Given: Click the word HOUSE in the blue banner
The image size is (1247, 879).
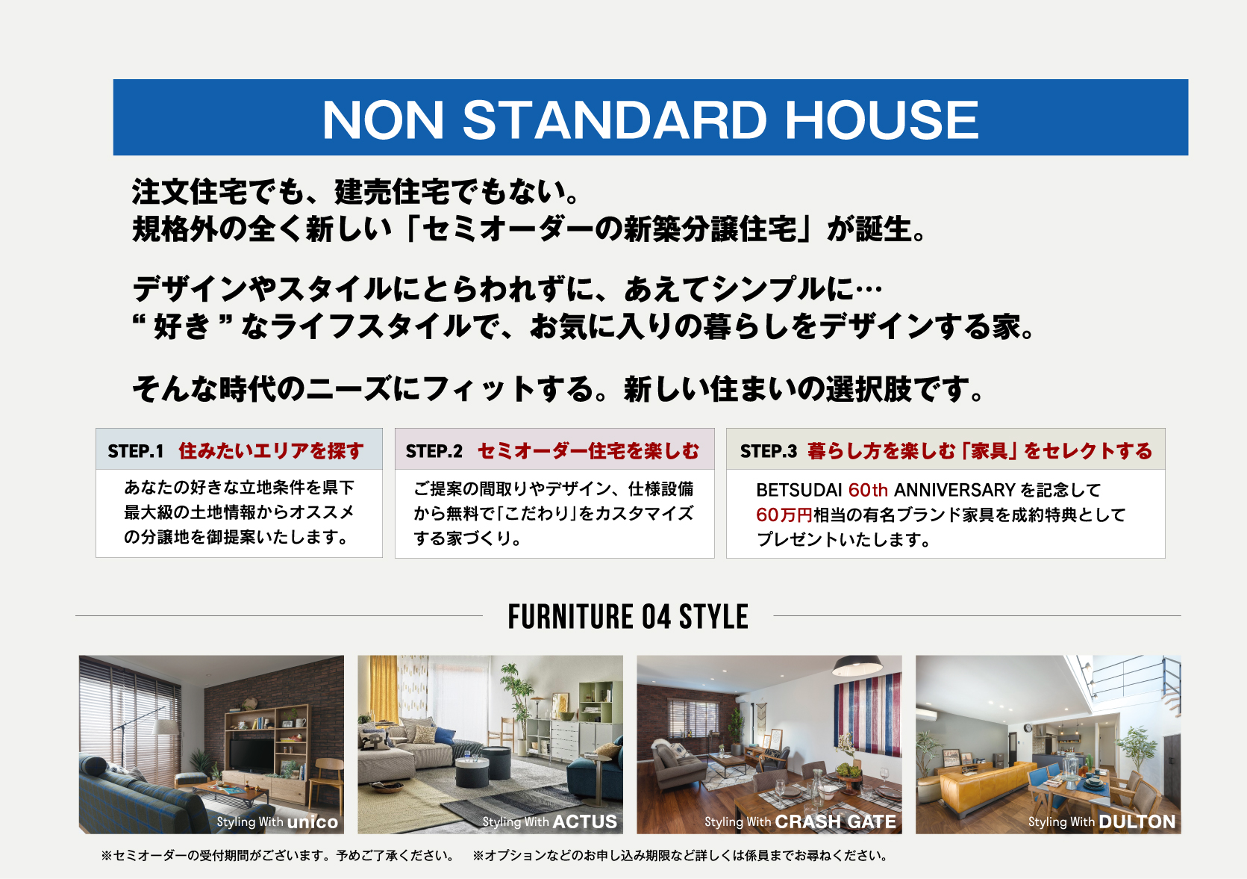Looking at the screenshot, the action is (x=881, y=119).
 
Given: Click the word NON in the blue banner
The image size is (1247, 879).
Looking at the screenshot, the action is (x=383, y=119).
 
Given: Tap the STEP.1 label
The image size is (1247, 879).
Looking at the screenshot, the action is (x=135, y=451).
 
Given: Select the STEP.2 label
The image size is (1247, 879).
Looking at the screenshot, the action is (x=434, y=451).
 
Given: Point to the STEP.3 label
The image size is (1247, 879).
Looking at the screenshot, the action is (x=768, y=451).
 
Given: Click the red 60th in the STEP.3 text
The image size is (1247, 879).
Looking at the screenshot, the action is (x=868, y=490).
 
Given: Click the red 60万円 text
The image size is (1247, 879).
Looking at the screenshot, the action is (x=784, y=515).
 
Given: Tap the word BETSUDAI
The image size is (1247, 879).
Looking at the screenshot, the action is (x=798, y=490).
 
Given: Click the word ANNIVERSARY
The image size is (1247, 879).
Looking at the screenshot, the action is (x=954, y=490).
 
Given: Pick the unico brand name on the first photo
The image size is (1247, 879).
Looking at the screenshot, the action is (x=313, y=822).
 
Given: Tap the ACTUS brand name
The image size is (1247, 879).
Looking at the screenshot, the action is (x=584, y=822).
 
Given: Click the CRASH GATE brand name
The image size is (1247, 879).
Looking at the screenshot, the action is (x=836, y=822).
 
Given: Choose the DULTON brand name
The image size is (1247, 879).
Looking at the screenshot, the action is (x=1137, y=822).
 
